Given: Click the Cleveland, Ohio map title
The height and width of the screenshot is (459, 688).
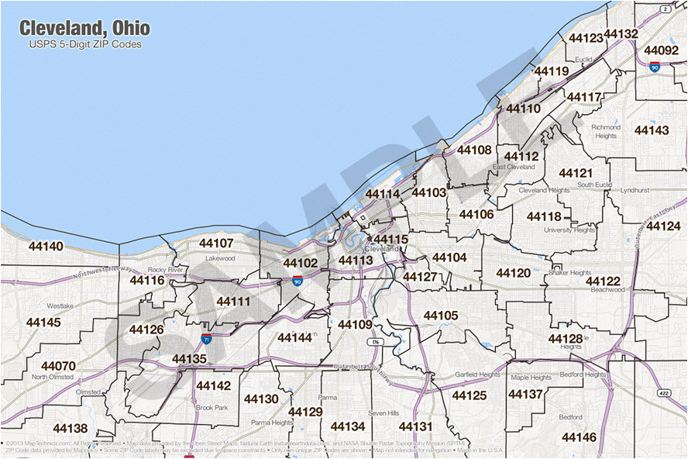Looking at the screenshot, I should click(x=84, y=29).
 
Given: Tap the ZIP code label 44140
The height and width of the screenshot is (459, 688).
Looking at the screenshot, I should click(x=46, y=247).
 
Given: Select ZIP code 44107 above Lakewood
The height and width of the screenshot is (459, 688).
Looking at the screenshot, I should click(x=216, y=243).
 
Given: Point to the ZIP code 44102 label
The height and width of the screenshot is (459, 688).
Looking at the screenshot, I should click(x=300, y=264).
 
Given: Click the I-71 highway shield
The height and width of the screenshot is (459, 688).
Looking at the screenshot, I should click(x=206, y=339).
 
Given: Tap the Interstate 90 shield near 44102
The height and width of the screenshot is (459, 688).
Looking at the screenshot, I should click(x=298, y=281).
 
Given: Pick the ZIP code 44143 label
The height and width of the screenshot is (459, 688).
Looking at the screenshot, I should click(x=651, y=130).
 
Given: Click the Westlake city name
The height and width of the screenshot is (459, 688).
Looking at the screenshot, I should click(x=60, y=306).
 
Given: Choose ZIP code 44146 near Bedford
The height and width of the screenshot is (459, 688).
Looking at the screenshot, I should click(x=579, y=437).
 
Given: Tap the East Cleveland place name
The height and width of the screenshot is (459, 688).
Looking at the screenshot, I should click(x=514, y=167).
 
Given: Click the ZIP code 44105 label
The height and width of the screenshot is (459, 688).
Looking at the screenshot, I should click(x=441, y=316).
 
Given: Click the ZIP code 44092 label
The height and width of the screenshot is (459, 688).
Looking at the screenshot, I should click(x=661, y=50).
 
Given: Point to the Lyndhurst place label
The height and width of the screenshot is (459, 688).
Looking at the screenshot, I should click(x=635, y=189).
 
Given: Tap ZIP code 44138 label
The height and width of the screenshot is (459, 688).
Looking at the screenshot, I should click(x=70, y=428).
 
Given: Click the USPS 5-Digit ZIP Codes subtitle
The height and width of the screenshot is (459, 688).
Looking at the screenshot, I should click(x=85, y=44).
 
